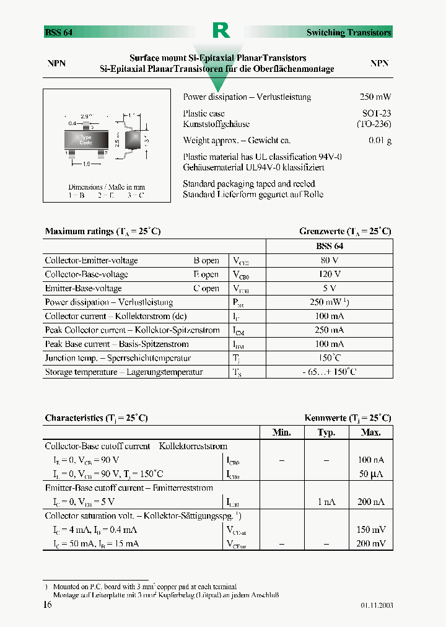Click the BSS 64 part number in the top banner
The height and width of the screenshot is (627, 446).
59,33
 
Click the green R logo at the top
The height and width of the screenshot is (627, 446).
221,30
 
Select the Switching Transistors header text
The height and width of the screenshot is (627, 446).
349,33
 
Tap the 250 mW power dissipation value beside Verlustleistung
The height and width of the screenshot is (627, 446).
375,97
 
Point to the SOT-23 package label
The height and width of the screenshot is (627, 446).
377,113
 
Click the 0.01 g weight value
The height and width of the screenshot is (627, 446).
380,141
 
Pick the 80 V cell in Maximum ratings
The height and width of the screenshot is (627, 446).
330,260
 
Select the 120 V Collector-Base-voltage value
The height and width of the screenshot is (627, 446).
330,274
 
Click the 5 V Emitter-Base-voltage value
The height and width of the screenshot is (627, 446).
330,288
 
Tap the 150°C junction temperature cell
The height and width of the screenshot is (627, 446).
330,358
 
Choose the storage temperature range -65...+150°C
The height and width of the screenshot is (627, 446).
330,372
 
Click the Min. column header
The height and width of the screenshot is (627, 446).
282,432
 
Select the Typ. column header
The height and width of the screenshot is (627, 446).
326,432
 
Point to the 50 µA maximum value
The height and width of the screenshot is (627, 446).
371,474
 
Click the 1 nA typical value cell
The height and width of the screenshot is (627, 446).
326,502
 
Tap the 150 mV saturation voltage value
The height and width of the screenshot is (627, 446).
371,530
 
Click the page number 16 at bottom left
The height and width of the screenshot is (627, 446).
48,605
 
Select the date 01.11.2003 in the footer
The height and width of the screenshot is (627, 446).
376,605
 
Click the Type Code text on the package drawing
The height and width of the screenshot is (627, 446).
86,139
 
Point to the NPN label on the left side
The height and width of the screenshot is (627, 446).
57,64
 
